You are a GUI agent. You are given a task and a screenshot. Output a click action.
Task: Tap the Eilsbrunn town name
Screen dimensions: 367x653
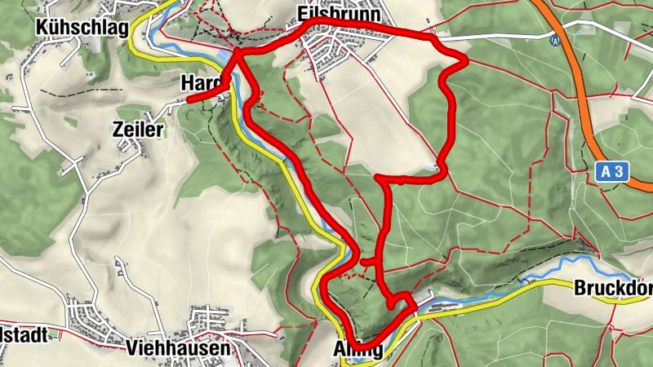(x=329, y=15)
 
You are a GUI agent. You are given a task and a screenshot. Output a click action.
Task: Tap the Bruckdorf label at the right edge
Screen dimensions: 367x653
(x=613, y=288)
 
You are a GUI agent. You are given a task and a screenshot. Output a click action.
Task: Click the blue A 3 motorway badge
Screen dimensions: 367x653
(x=611, y=172)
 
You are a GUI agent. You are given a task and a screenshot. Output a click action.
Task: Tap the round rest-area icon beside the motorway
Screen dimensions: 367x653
(x=556, y=38)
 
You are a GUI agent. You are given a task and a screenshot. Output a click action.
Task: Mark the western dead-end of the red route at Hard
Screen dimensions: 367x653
(x=189, y=99)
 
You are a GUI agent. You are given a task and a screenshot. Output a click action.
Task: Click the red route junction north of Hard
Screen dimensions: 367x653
(x=238, y=54)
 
